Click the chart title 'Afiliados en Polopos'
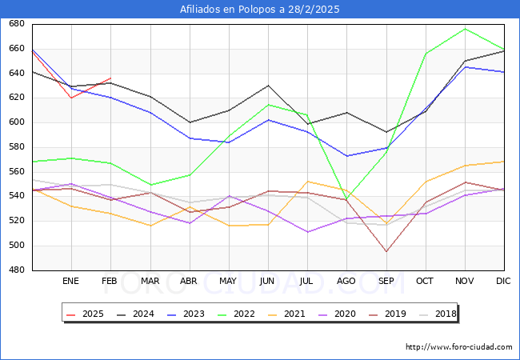(x=260, y=9)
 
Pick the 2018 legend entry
(x=438, y=314)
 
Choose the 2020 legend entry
(x=339, y=314)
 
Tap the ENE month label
(x=71, y=282)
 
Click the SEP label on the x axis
(x=386, y=282)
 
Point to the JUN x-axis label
(x=268, y=282)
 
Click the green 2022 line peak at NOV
(x=465, y=29)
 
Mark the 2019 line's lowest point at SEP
(x=386, y=252)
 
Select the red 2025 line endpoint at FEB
(x=110, y=78)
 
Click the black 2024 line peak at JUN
(x=268, y=86)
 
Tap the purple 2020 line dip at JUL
(x=307, y=232)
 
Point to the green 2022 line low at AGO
(x=346, y=200)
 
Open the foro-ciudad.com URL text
(x=459, y=347)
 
